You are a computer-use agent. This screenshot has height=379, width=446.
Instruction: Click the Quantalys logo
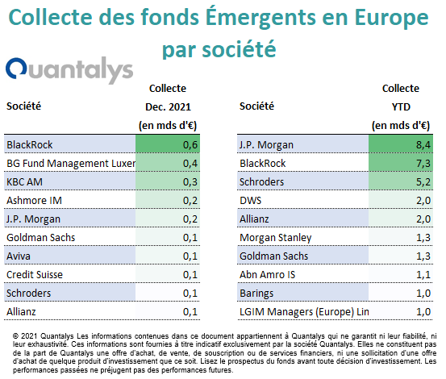69,69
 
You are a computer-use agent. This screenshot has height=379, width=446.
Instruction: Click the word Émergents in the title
261,17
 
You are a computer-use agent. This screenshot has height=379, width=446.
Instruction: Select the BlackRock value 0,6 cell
168,144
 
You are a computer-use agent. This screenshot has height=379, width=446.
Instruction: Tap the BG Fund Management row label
71,163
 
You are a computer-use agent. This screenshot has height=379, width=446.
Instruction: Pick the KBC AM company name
24,181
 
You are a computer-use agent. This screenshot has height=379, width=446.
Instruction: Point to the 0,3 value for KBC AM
168,181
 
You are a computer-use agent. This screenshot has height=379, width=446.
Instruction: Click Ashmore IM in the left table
34,201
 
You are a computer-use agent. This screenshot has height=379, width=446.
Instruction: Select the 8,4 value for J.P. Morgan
401,144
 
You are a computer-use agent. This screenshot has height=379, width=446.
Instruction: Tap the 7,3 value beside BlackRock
401,163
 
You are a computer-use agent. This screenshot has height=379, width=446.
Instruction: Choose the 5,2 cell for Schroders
401,181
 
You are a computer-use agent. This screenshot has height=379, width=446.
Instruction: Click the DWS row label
250,201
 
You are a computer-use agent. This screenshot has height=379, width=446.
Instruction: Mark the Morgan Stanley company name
276,238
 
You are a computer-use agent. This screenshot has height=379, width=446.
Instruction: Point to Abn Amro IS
268,275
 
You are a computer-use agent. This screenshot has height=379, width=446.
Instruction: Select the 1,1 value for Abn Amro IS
401,275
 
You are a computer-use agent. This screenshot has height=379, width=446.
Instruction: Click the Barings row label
256,294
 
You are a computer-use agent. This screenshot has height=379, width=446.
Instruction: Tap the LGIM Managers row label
304,312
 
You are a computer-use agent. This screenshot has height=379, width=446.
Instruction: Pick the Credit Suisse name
35,275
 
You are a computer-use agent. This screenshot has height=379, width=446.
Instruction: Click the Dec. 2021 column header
168,107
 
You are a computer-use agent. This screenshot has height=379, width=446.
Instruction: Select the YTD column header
401,107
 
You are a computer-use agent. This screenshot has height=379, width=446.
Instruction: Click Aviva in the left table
19,256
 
